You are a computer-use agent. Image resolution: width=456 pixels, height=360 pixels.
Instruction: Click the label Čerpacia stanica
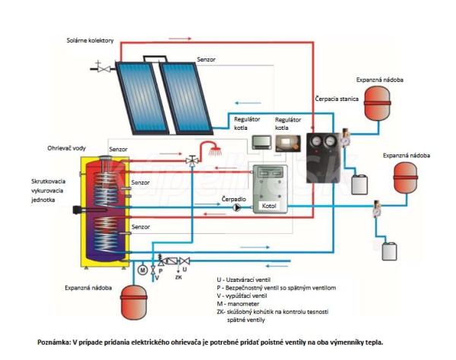coord(335,99)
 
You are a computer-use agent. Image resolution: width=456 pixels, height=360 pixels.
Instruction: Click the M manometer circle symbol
coord(141,268)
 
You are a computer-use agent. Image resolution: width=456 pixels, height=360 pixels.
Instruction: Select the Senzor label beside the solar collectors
coord(207,58)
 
